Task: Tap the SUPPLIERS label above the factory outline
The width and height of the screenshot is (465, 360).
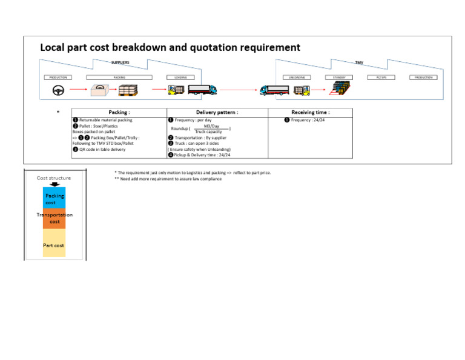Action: pos(120,62)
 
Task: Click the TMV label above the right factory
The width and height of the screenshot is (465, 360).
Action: pos(359,62)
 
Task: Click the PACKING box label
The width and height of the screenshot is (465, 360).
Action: pos(119,78)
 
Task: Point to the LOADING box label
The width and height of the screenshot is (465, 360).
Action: pos(180,78)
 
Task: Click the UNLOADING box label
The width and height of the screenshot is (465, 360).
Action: pos(297,78)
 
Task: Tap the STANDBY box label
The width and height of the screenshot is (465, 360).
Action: pos(338,78)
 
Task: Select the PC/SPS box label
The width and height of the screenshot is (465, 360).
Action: pos(381,78)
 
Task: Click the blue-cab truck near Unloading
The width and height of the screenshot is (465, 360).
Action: pos(274,90)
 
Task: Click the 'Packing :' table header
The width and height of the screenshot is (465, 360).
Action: pos(119,113)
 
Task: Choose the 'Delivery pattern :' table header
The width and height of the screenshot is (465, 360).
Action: pos(217,113)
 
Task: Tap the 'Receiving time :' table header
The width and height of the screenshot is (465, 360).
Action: pos(310,113)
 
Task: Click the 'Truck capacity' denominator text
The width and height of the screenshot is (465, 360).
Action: pos(208,132)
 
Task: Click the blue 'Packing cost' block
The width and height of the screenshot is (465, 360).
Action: pos(54,199)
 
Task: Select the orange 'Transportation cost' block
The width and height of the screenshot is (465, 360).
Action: pos(54,218)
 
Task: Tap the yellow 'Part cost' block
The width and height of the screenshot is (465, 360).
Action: pos(54,245)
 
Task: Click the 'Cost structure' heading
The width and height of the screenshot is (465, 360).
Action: pos(54,178)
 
